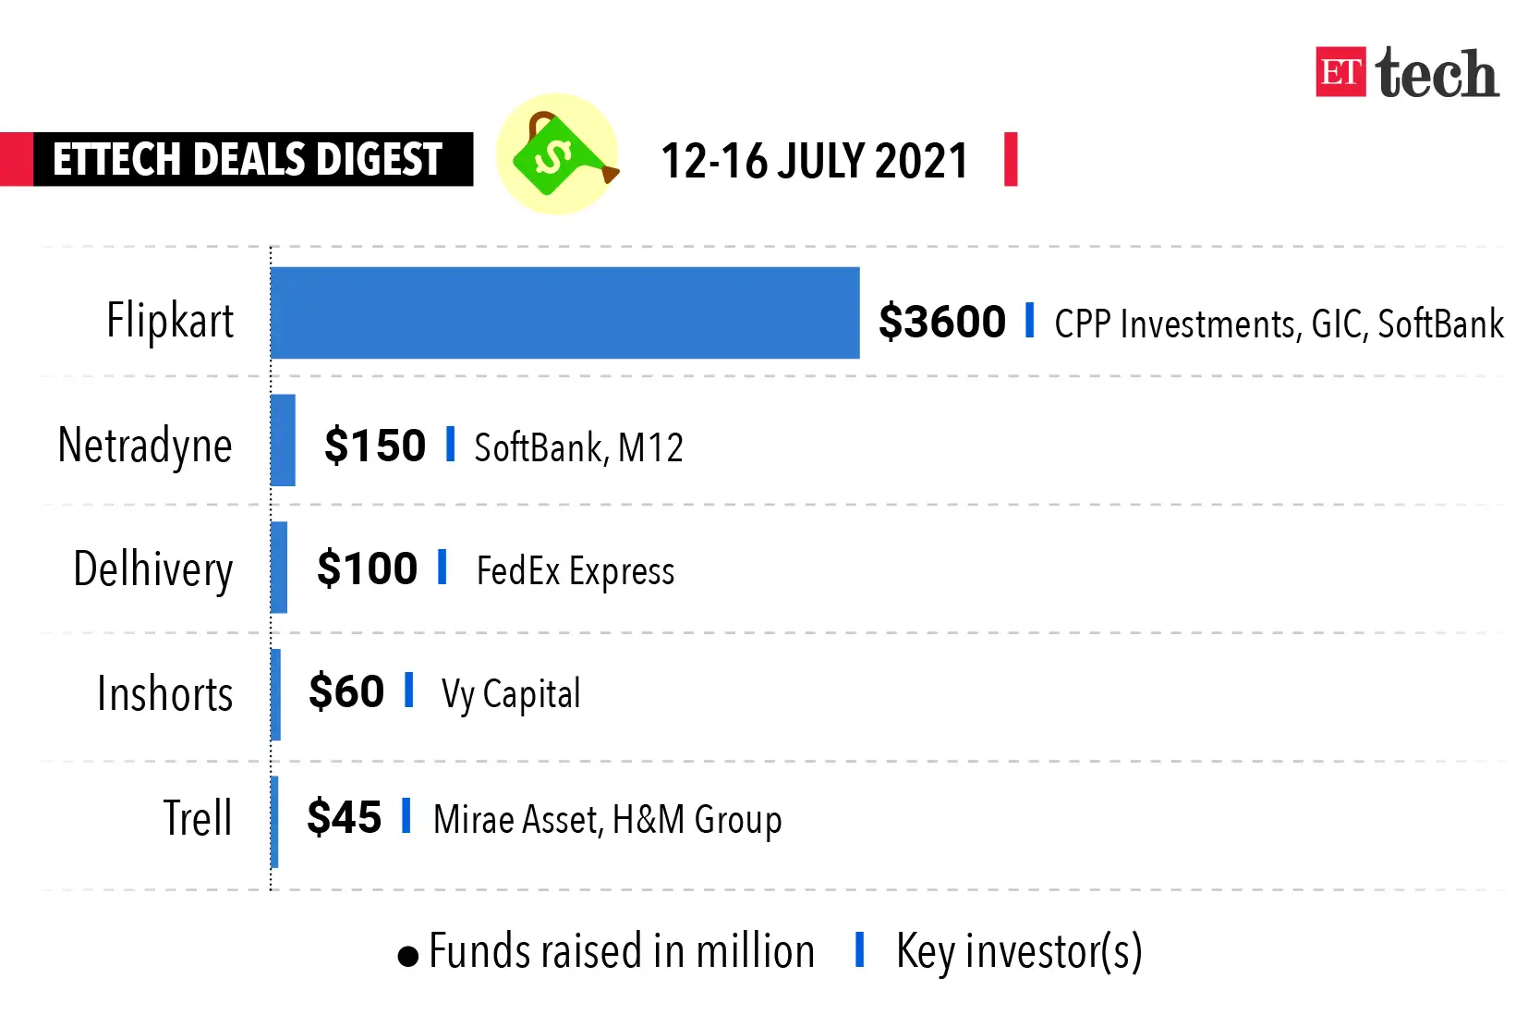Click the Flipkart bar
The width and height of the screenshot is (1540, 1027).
pos(564,313)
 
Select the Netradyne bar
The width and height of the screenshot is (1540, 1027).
pos(283,441)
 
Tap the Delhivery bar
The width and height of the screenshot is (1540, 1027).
pos(279,568)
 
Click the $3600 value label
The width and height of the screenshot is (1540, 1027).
pos(941,322)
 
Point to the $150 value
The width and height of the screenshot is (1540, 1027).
pos(375,446)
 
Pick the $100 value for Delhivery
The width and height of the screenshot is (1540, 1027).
pos(367,569)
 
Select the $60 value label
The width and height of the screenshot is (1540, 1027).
pos(346,691)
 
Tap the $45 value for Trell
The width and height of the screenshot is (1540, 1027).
pos(344,817)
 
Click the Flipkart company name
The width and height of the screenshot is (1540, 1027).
pos(170,321)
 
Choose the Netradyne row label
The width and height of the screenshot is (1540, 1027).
pos(145,446)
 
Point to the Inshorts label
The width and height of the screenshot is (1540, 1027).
pos(164,693)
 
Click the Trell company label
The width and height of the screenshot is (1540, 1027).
pos(197,818)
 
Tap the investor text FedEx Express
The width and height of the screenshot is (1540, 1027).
pos(576,571)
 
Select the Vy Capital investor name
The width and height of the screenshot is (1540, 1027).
pos(511,694)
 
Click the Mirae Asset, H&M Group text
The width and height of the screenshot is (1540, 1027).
pos(607,820)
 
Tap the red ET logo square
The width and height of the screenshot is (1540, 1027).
pos(1340,72)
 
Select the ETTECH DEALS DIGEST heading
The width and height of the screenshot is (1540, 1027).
pos(248,159)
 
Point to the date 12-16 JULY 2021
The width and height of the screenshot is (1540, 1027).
pos(814,161)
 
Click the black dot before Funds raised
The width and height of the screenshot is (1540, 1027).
pos(407,956)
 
